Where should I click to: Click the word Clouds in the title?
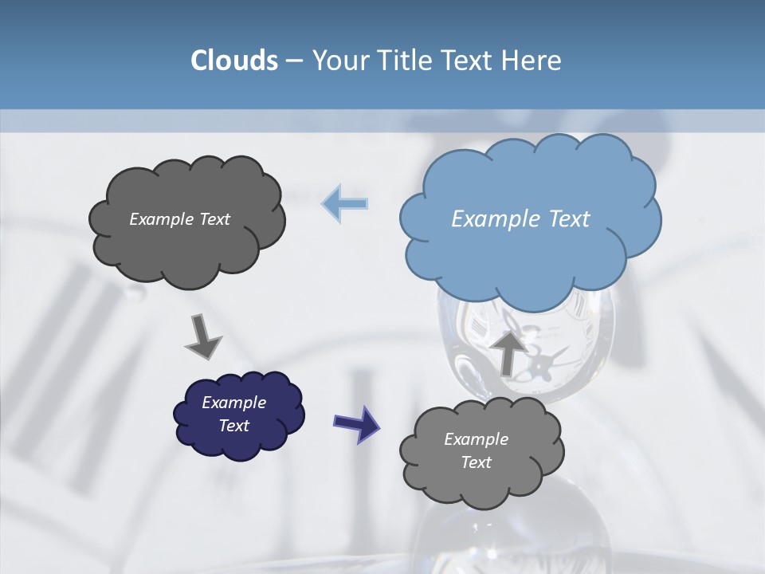pos(233,61)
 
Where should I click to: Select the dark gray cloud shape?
pos(186,247)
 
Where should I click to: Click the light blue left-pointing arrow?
pos(345,202)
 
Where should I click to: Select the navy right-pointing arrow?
pos(356,423)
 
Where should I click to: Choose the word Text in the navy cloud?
pos(234,426)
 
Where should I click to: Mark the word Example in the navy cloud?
pos(234,403)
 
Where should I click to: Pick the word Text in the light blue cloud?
pos(569,219)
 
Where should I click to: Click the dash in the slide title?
pos(294,61)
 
